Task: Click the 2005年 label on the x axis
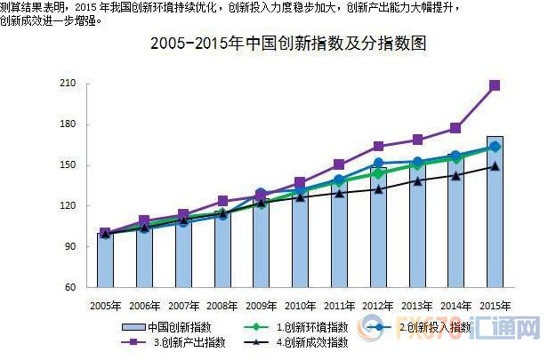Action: [105, 306]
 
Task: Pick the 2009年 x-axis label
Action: [261, 306]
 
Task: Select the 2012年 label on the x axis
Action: [377, 306]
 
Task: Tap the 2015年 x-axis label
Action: [494, 306]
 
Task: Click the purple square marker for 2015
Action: [495, 85]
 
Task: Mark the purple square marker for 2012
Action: [378, 147]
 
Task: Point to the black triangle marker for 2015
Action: [495, 165]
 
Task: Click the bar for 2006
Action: [144, 258]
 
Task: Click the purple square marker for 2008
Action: [222, 201]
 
